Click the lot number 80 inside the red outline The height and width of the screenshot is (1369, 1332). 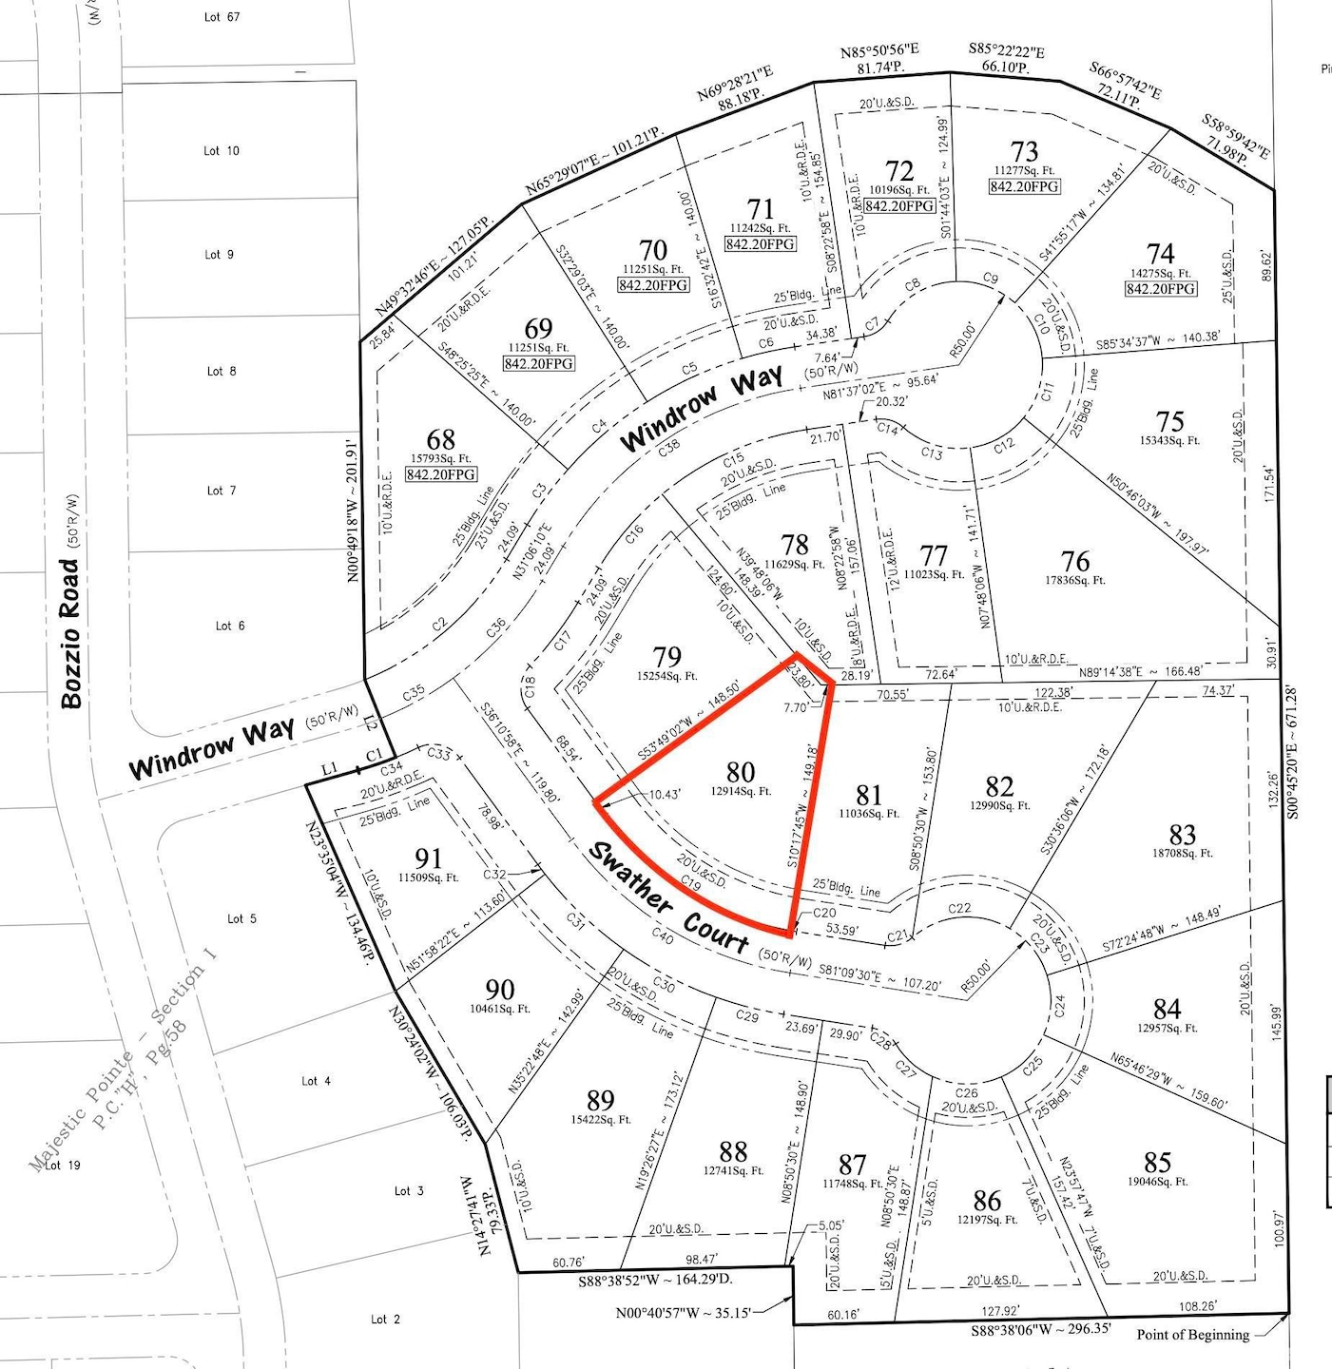tap(741, 771)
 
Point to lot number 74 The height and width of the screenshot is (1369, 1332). tap(1160, 254)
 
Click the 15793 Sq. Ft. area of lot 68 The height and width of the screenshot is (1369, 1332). tap(441, 458)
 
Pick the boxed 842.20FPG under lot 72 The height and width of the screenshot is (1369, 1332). tap(899, 206)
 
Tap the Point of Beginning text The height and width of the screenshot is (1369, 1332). tap(1192, 1335)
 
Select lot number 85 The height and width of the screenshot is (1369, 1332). tap(1157, 1162)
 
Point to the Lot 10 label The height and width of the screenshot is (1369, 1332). tap(222, 151)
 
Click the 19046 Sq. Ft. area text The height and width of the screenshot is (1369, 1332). tap(1157, 1182)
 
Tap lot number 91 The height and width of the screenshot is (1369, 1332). tap(429, 858)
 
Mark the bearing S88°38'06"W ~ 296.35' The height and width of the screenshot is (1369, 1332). tap(1040, 1329)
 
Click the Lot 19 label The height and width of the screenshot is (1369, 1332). tap(63, 1166)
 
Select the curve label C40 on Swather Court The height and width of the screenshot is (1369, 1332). tap(663, 938)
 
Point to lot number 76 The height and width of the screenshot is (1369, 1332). tap(1075, 561)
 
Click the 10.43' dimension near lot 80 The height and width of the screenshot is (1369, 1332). tap(665, 794)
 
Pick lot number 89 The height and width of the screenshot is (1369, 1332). tap(600, 1100)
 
